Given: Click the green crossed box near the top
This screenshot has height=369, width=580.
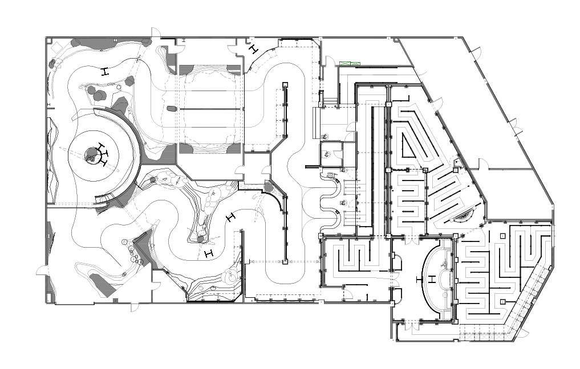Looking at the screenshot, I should pyautogui.click(x=348, y=63).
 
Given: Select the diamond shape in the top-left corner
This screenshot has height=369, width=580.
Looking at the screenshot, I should pyautogui.click(x=54, y=49).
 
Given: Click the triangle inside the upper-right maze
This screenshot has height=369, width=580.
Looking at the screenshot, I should pyautogui.click(x=411, y=142).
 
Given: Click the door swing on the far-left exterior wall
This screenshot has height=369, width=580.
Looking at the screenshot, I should pyautogui.click(x=41, y=270).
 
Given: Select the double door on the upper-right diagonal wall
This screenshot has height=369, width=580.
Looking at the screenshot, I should pyautogui.click(x=516, y=128).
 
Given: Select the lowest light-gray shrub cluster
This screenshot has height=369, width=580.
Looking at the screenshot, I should pyautogui.click(x=232, y=276).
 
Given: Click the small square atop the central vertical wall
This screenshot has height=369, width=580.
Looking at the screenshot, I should pyautogui.click(x=283, y=87).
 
